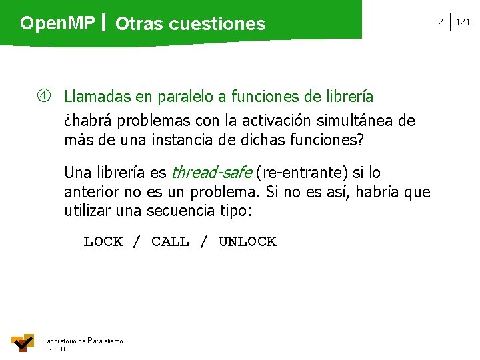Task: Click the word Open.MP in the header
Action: (x=57, y=24)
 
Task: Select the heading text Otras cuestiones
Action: (x=190, y=25)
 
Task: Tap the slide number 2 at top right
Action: (x=440, y=22)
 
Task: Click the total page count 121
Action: (x=463, y=22)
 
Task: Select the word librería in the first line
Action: (x=349, y=97)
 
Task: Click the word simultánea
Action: (x=350, y=121)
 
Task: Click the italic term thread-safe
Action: (x=211, y=173)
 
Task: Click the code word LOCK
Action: (x=103, y=241)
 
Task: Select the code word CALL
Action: (x=170, y=241)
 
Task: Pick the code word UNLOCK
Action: (x=247, y=241)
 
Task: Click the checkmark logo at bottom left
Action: (x=23, y=342)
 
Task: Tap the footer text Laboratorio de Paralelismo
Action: (x=82, y=341)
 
